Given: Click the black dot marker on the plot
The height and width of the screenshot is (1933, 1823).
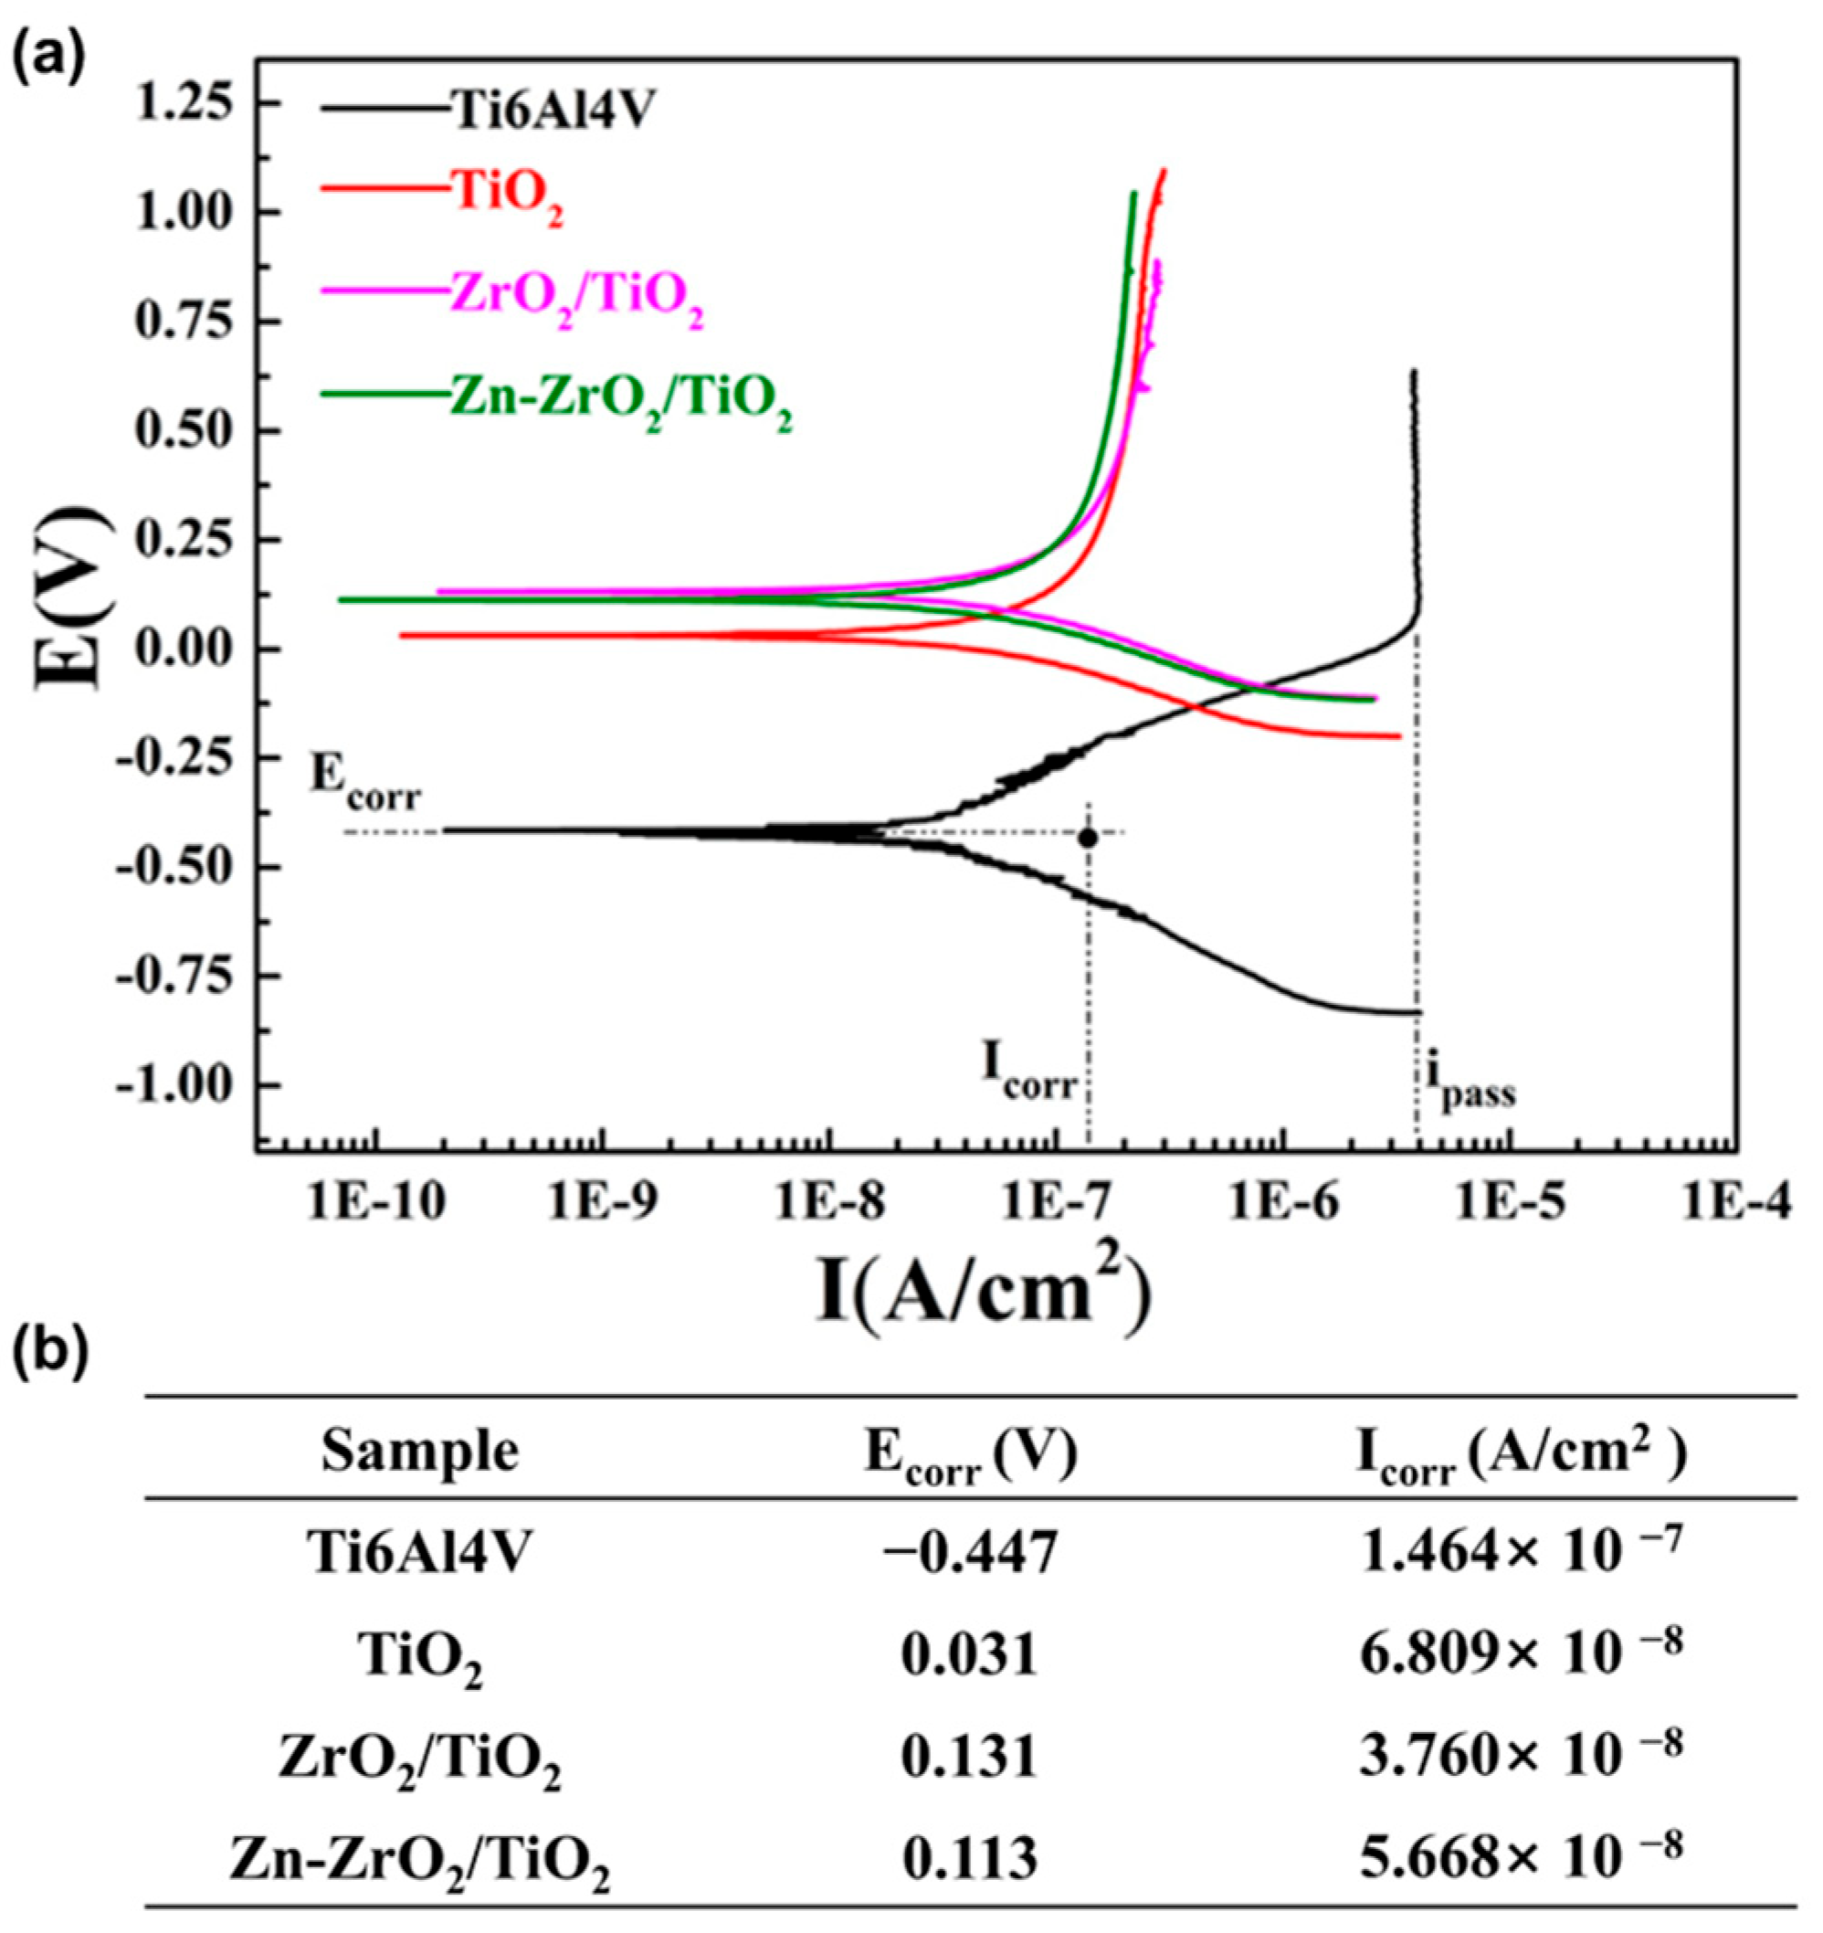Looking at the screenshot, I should click(x=1088, y=837).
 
